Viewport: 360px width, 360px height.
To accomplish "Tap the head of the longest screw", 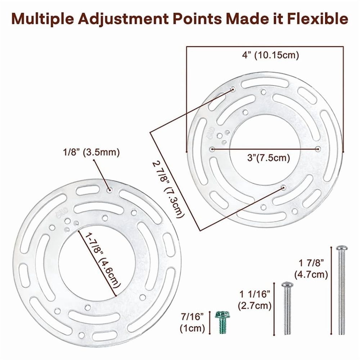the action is (x=342, y=248).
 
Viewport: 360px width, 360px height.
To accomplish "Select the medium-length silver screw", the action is (x=287, y=308).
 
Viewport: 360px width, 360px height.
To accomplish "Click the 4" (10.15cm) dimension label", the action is (x=271, y=55).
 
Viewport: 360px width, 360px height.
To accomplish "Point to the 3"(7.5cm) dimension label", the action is (x=269, y=158).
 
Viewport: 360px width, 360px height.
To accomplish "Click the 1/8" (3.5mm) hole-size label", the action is (x=91, y=152).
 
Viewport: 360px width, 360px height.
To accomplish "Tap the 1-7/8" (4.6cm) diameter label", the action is (x=103, y=260).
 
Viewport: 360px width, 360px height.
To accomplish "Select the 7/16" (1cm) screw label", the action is (x=192, y=323).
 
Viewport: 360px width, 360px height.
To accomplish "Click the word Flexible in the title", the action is (x=317, y=19).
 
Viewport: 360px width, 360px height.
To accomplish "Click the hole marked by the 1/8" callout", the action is (x=109, y=190).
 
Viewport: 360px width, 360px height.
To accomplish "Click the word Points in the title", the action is (x=197, y=19).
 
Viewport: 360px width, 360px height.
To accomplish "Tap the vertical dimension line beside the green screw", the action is (x=210, y=323).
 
